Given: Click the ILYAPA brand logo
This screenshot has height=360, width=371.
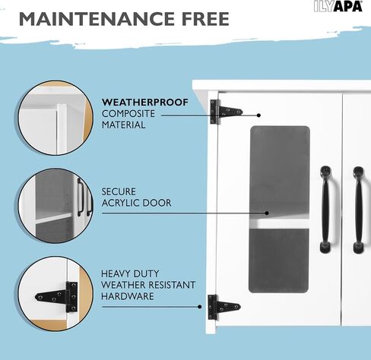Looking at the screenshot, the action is click(x=338, y=6).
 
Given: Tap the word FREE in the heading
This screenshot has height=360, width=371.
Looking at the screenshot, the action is click(x=205, y=19).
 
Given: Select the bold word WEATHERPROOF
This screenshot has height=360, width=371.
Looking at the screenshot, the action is click(x=145, y=103).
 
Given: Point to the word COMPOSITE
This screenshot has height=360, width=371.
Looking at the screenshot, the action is click(x=128, y=114).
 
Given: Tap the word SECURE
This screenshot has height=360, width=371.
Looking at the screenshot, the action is click(x=119, y=191).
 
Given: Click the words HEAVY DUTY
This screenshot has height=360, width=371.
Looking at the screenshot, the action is click(x=130, y=273).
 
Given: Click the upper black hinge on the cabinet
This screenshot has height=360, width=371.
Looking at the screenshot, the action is click(x=225, y=112).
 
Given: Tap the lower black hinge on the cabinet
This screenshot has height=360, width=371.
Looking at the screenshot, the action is click(x=223, y=307).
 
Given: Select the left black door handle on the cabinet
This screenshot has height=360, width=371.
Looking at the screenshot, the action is click(x=327, y=209).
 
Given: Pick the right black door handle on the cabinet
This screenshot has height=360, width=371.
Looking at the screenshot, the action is click(x=358, y=210).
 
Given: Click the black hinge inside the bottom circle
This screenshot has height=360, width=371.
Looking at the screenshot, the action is click(x=58, y=297).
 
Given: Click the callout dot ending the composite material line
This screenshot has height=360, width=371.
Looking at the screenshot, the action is click(x=258, y=115).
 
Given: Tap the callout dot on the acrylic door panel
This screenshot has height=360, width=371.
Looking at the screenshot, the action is click(x=267, y=213).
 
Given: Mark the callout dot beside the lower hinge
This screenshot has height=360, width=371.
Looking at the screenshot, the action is click(x=200, y=307).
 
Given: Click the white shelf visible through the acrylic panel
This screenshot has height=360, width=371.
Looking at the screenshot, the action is click(x=279, y=223).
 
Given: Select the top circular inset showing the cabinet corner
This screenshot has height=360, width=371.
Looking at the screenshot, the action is click(x=55, y=118).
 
